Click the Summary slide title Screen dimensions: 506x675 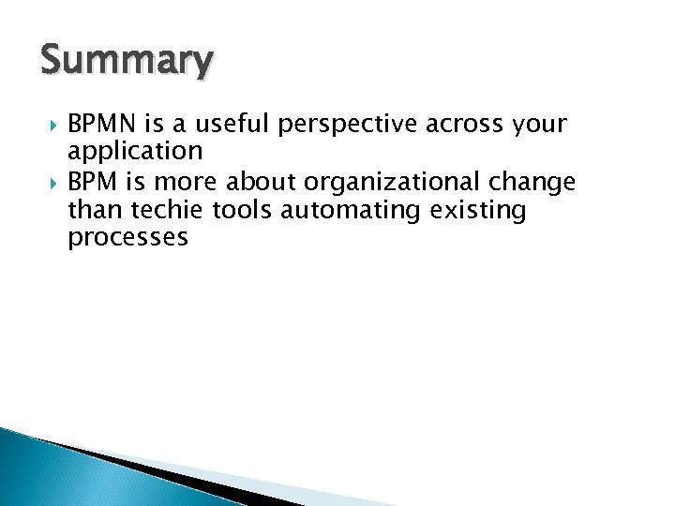pyautogui.click(x=127, y=61)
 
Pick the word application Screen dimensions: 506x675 pyautogui.click(x=135, y=152)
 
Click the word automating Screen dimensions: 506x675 pyautogui.click(x=342, y=211)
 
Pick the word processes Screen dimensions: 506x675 pyautogui.click(x=127, y=238)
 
